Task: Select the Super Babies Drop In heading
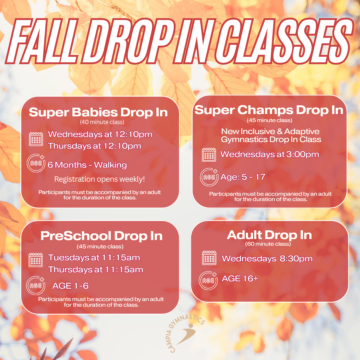coord(98,113)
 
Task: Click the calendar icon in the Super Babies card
coord(36,139)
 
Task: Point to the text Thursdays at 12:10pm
coord(94,146)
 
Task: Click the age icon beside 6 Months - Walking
coord(36,163)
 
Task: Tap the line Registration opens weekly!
coord(100,179)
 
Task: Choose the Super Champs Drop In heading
coord(269,110)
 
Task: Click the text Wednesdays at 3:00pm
coord(270,154)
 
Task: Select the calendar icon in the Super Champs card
coord(209,155)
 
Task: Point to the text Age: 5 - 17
coord(243,177)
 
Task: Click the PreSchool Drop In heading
coord(101,236)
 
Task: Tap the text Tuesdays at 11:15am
coord(94,258)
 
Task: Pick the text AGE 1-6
coord(70,286)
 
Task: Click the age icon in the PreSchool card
coord(36,286)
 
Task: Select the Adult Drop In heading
coord(269,235)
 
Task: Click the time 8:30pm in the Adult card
coord(296,259)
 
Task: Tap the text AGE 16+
coord(240,278)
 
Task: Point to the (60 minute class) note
coord(268,244)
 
